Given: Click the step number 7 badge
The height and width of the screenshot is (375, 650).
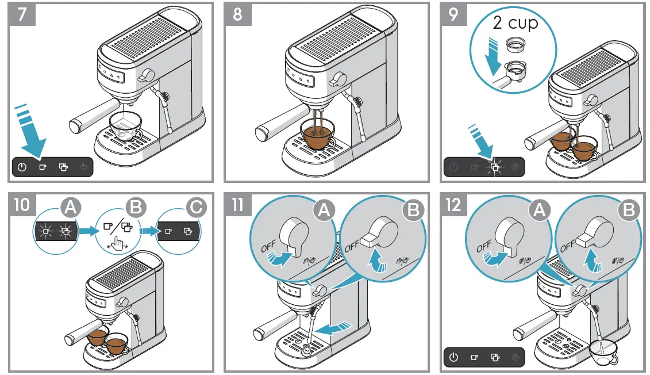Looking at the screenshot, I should (22, 14).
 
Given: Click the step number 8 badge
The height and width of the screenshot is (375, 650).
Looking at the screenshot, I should (237, 14).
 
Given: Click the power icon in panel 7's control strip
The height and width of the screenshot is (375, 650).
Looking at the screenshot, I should (22, 167).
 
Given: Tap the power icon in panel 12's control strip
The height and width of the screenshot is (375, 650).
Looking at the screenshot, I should (453, 357).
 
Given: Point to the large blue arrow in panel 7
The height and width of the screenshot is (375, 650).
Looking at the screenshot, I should (29, 133).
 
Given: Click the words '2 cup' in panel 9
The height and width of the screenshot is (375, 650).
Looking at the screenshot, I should (515, 23).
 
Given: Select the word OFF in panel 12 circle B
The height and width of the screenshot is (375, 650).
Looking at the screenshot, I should (567, 246).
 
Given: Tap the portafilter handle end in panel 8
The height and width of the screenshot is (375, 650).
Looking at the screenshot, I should (263, 133).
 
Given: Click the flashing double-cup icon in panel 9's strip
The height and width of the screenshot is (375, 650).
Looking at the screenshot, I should (493, 167).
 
